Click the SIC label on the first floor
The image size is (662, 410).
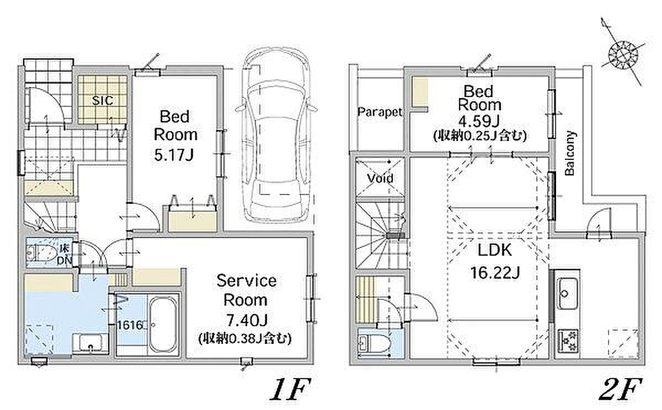102,100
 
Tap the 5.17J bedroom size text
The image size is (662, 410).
174,155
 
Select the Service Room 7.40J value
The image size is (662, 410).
247,320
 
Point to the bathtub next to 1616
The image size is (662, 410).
163,325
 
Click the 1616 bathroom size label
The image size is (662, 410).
130,325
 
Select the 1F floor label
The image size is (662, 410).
290,389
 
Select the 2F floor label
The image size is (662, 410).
620,389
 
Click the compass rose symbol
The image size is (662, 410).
623,55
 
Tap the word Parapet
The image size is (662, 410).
380,112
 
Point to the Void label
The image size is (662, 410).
380,178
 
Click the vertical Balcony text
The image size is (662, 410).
570,153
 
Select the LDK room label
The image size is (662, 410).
495,250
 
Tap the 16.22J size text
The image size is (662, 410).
495,272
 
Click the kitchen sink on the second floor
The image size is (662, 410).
567,293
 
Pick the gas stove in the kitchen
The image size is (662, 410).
568,341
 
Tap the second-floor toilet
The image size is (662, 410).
373,344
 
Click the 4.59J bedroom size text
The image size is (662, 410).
478,121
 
